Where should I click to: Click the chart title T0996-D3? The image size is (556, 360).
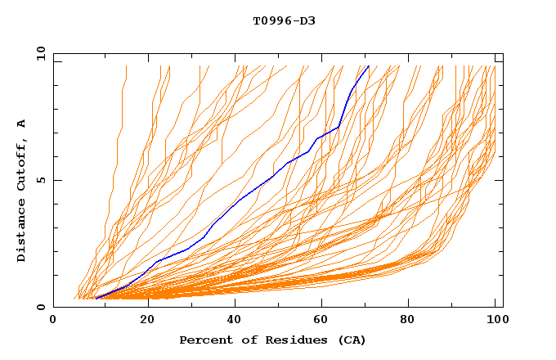[x=284, y=20]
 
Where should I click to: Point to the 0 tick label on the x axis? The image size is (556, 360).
[x=53, y=321]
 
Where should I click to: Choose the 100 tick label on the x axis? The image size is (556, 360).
[x=495, y=321]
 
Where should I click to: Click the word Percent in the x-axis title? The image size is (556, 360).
[x=203, y=340]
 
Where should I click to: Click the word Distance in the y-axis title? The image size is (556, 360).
[x=21, y=233]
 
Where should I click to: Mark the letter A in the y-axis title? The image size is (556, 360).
[x=21, y=124]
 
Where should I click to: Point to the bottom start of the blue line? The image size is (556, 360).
[x=96, y=299]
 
